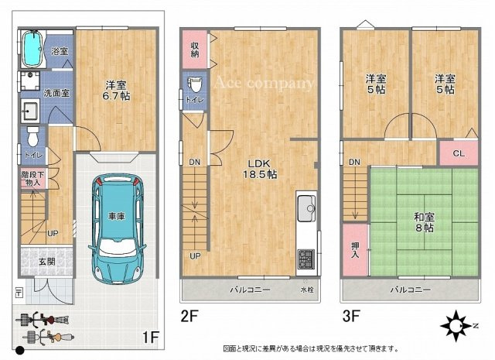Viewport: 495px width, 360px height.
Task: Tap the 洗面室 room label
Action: (x=55, y=93)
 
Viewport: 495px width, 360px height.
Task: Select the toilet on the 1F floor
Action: (x=32, y=137)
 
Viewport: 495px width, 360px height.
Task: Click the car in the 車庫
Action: (x=116, y=225)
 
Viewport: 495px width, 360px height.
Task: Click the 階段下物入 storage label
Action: (x=32, y=179)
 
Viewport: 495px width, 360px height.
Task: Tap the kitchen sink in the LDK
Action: (x=306, y=207)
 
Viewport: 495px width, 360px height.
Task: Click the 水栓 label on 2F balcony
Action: (x=307, y=292)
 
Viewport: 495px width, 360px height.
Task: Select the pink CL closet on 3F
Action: (x=458, y=153)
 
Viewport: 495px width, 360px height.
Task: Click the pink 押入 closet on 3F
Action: (x=353, y=248)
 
